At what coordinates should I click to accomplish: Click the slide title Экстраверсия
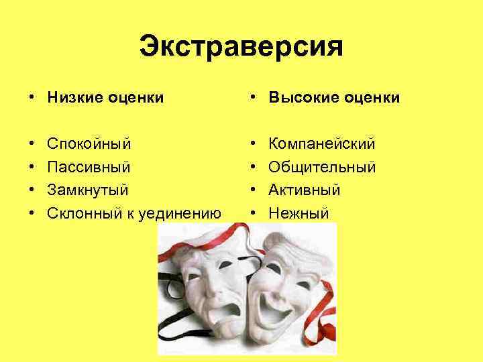pos(241,47)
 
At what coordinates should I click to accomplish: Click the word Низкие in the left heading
pos(72,98)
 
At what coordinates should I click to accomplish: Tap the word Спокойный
pos(89,144)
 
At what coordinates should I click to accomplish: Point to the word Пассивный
pos(88,167)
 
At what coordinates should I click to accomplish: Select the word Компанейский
pos(321,144)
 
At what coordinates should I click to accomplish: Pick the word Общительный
pos(321,167)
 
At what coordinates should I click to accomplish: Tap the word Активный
pos(304,190)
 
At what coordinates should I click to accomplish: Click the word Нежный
pos(299,214)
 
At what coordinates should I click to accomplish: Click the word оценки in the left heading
pos(133,98)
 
